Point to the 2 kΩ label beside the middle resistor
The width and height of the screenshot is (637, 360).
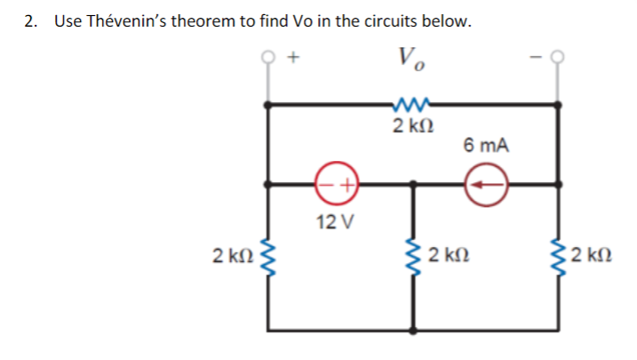click(x=446, y=258)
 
